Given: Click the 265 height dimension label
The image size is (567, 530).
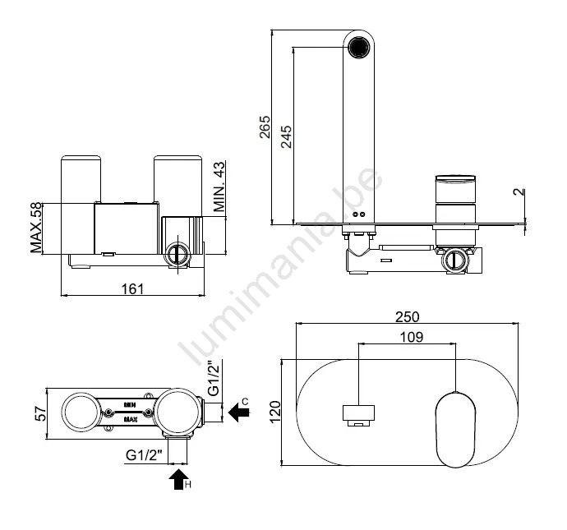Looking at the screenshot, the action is (x=265, y=127).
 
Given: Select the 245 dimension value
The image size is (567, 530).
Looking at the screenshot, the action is (x=287, y=136).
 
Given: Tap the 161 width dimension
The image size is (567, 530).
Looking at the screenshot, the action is (x=132, y=289).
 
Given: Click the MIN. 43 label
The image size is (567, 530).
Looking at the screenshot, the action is (x=219, y=187).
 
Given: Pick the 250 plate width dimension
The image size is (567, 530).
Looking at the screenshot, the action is (x=407, y=316).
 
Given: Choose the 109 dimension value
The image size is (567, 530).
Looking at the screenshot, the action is (x=412, y=337).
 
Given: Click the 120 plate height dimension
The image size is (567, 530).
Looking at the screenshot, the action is (x=275, y=412).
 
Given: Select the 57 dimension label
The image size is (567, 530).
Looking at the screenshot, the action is (x=41, y=414).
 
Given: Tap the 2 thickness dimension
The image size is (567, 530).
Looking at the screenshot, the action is (x=519, y=191).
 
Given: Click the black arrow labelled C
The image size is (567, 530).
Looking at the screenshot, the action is (x=238, y=412).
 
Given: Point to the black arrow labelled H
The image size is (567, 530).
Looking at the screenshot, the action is (x=178, y=479).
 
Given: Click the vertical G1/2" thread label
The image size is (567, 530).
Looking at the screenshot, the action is (x=214, y=377).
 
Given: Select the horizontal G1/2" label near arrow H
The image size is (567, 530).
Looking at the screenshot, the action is (x=145, y=454).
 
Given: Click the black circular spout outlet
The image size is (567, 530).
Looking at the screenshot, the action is (x=359, y=48).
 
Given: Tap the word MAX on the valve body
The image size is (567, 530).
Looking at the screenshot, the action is (x=131, y=420).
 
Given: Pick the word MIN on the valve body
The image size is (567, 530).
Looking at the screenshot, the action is (x=130, y=405).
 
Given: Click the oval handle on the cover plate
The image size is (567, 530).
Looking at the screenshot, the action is (x=455, y=430).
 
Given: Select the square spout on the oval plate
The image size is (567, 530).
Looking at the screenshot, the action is (x=358, y=415).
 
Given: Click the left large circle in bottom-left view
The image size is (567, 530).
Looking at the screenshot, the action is (x=82, y=412).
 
